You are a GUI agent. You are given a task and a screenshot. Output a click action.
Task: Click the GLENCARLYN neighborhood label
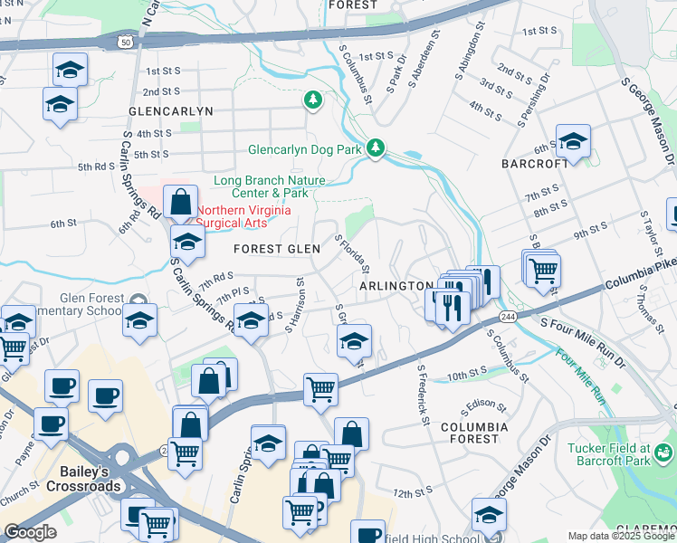point(170,110)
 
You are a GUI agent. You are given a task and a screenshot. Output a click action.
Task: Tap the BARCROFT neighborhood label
point(535,164)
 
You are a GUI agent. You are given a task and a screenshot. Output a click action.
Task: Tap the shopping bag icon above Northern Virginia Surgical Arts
point(181,201)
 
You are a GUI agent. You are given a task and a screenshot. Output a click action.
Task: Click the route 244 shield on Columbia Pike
point(507,315)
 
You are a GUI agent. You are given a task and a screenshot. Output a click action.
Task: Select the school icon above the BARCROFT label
point(573,141)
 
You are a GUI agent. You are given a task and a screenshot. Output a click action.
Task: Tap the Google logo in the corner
point(30,532)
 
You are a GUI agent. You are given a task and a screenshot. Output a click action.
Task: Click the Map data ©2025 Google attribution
point(621,536)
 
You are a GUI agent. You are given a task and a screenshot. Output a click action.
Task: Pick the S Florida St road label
point(353,255)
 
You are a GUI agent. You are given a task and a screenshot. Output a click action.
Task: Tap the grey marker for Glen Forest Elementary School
point(138,300)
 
